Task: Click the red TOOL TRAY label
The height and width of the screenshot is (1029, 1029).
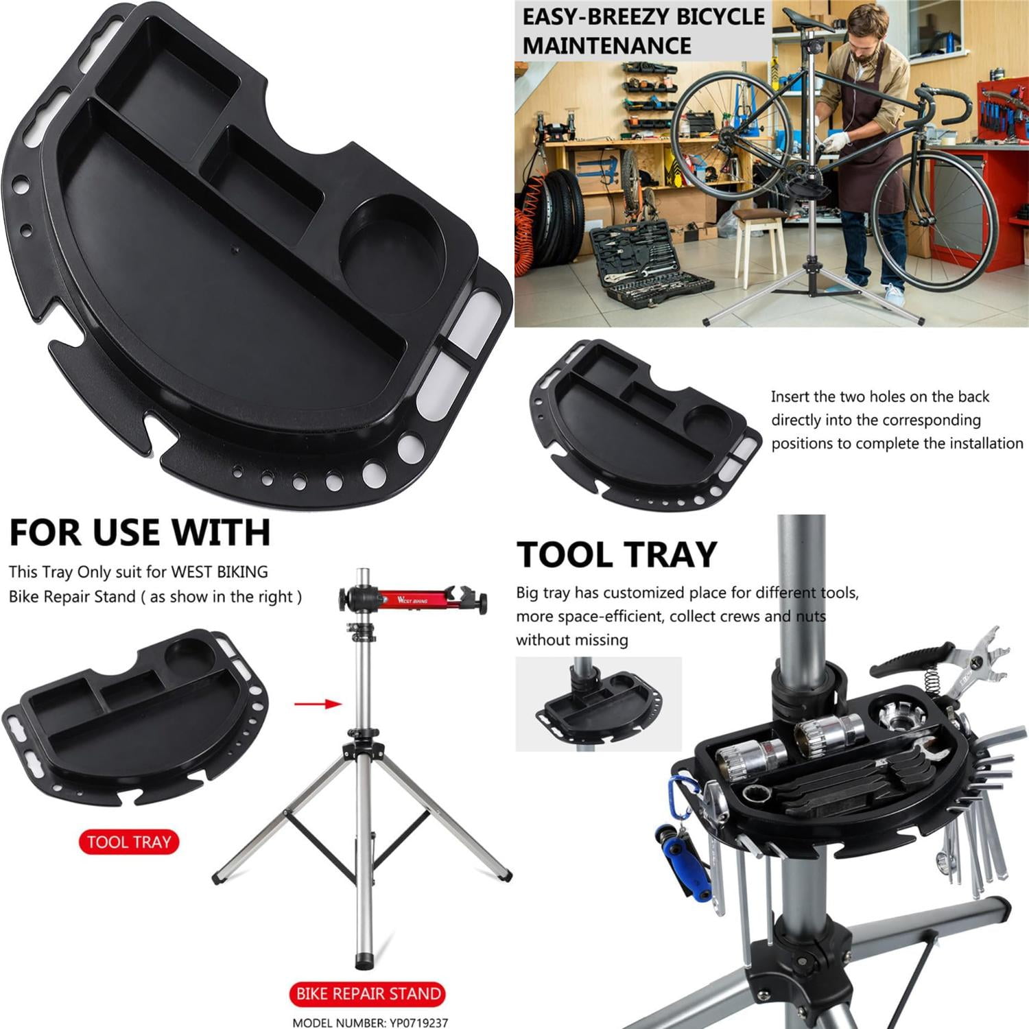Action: point(128,842)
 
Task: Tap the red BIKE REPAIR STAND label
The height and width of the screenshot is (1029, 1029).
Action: point(368,993)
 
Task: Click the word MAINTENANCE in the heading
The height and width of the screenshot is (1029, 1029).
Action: point(607,46)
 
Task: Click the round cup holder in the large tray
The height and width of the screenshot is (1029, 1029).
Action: point(392,237)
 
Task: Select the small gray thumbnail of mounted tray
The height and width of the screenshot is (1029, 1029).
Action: point(598,702)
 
